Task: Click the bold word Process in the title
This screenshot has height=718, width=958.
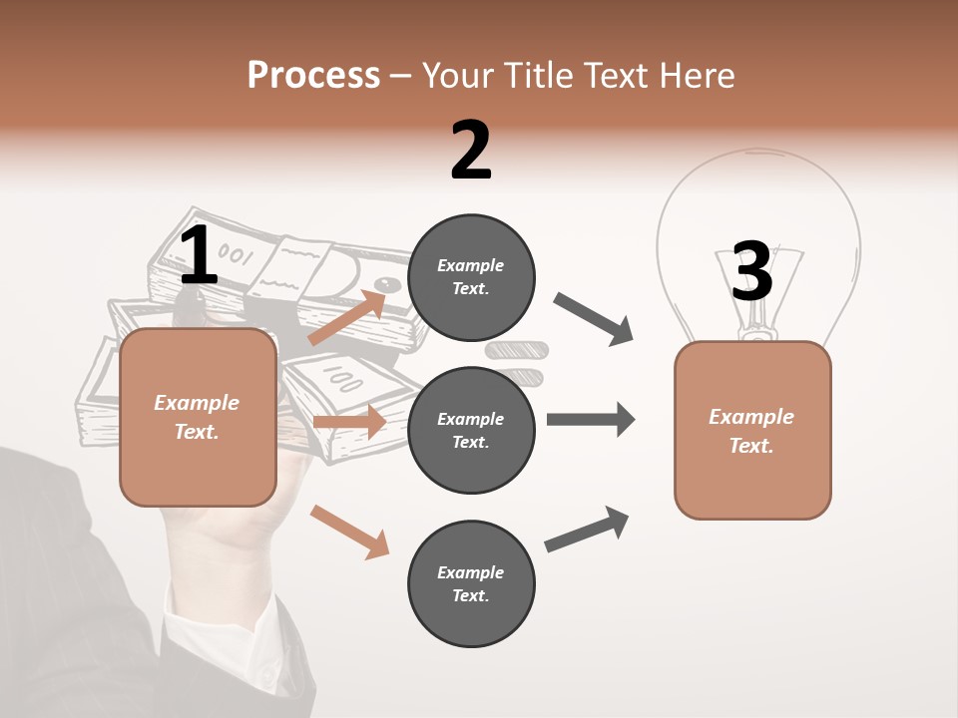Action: [x=313, y=75]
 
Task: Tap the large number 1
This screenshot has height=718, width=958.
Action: [x=199, y=256]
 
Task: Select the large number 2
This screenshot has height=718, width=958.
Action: [x=471, y=151]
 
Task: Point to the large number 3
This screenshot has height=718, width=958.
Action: [x=752, y=271]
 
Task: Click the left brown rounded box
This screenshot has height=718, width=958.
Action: [x=198, y=417]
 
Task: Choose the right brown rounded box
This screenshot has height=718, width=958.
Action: [x=752, y=430]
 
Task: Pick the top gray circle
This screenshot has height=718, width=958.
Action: [x=471, y=277]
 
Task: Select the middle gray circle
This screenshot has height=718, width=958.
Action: [x=471, y=430]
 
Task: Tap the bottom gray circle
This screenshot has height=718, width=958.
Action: [x=471, y=583]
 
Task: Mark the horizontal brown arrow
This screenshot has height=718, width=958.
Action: [x=349, y=422]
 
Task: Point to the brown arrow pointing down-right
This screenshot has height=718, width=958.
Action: [x=349, y=531]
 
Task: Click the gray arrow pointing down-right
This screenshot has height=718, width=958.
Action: [x=594, y=319]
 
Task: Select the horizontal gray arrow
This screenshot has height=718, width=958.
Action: [x=591, y=419]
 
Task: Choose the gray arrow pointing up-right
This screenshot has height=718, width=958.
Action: [x=587, y=530]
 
